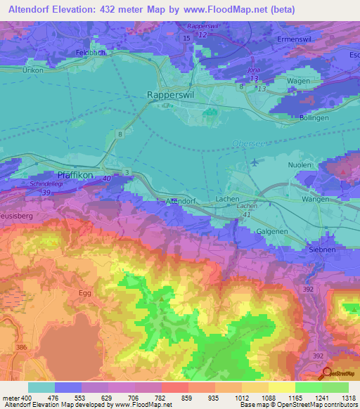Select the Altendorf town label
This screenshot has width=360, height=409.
(179, 201)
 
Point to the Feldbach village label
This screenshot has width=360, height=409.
(89, 53)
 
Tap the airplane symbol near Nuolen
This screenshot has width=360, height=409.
(254, 162)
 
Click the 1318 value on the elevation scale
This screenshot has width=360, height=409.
(346, 398)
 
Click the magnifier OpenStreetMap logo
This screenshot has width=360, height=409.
(327, 372)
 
